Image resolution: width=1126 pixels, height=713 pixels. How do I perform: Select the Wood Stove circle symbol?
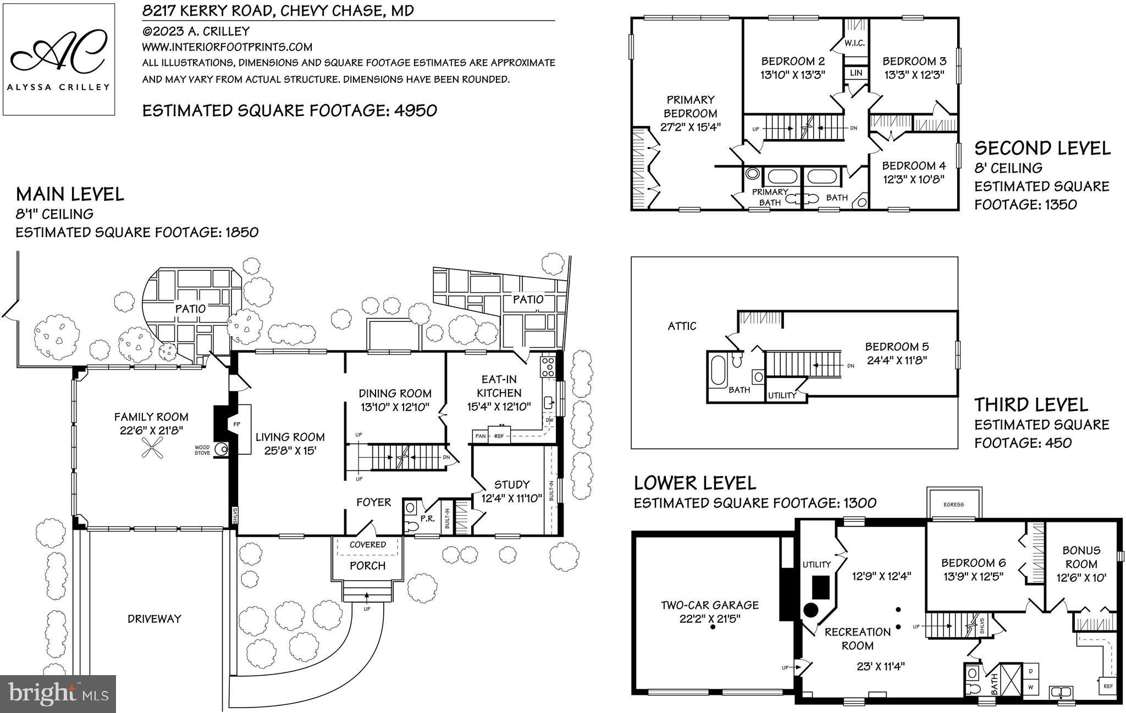[222, 449]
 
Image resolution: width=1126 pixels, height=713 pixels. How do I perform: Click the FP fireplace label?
[236, 425]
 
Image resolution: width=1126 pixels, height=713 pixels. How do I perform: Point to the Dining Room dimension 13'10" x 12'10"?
[395, 407]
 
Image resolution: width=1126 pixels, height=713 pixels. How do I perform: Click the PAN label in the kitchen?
[480, 436]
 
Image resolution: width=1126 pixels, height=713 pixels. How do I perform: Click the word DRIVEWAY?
[154, 619]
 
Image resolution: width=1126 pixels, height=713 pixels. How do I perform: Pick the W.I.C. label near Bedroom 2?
[854, 43]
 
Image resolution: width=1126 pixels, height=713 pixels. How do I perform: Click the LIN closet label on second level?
[855, 73]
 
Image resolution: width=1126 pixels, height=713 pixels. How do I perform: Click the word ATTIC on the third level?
[682, 326]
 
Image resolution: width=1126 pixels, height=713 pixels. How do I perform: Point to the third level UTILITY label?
[782, 396]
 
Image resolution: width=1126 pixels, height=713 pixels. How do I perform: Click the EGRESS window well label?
[953, 504]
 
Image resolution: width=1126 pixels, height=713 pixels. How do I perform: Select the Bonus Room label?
[1081, 557]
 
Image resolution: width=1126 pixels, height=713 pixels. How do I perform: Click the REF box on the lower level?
[1108, 686]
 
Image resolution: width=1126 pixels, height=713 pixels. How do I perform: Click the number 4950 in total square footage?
[415, 111]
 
